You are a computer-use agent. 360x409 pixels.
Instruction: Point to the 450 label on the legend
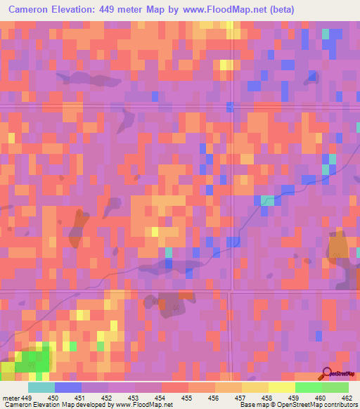coord(53,398)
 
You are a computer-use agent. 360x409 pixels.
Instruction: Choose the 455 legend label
coord(186,398)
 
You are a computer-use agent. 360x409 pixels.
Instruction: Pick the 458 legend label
coord(266,398)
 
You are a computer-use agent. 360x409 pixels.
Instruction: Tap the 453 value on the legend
coord(133,398)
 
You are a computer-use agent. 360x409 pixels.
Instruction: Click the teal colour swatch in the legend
coord(41,387)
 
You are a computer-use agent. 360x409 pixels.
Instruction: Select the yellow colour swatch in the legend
coord(281,387)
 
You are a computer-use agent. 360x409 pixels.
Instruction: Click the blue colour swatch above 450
coord(67,387)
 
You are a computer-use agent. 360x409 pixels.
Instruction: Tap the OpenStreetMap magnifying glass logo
coord(326,373)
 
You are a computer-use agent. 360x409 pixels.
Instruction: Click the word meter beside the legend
coord(11,398)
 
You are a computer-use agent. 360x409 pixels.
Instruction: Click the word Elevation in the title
coord(77,9)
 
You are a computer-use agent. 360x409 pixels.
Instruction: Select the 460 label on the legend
coord(320,398)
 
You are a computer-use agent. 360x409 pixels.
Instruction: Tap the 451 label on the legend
coord(79,398)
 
